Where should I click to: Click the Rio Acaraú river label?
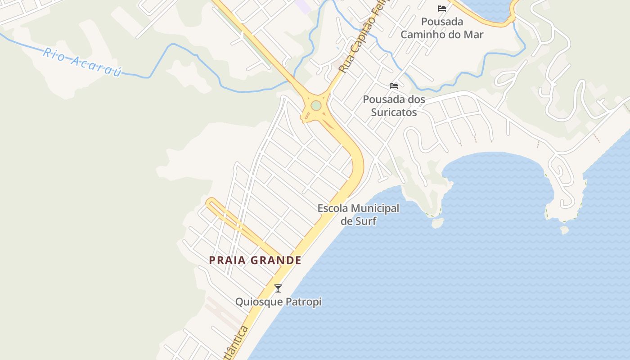(82, 62)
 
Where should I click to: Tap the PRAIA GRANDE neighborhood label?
(255, 260)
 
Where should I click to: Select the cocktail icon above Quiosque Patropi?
(278, 288)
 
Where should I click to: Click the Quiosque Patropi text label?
(278, 301)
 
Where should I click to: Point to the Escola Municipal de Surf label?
(358, 215)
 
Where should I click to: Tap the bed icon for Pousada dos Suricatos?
(394, 85)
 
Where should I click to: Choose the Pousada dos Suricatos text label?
(394, 105)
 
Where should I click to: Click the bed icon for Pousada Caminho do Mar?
(442, 9)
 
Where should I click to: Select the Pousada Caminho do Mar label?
(442, 28)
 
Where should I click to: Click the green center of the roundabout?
(316, 105)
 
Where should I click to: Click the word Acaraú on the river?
(96, 66)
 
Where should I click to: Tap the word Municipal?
(374, 208)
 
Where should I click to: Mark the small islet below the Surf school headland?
(437, 223)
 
